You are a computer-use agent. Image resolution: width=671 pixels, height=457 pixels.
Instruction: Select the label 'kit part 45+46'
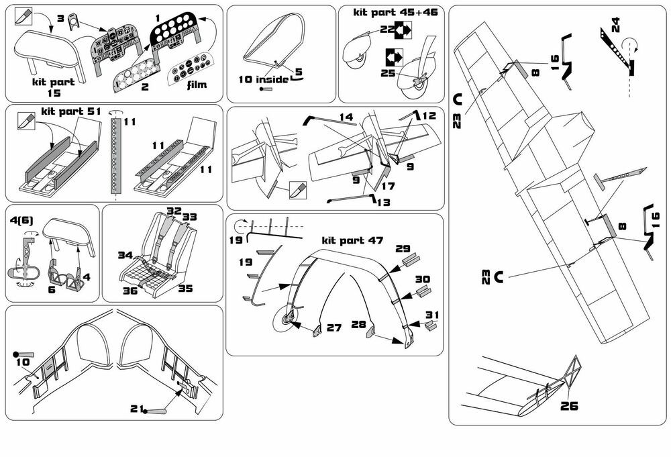[390, 13]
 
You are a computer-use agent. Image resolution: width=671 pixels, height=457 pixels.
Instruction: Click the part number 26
[568, 405]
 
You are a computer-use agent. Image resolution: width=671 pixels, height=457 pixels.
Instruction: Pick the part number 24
[615, 26]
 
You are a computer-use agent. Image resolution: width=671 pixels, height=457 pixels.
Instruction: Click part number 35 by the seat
[185, 289]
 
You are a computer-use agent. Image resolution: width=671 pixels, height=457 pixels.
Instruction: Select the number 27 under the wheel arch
[334, 328]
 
